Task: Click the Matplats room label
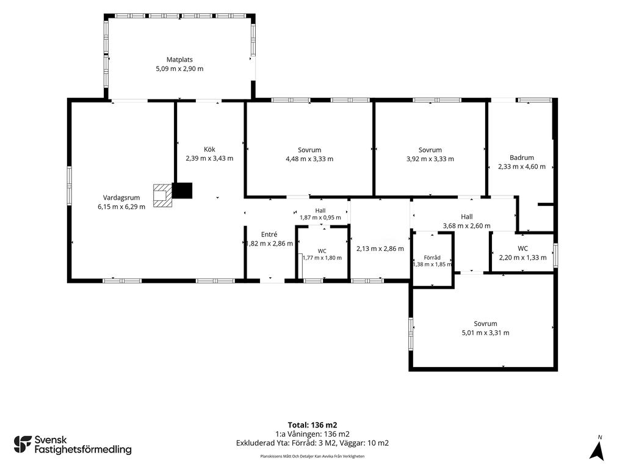click(x=179, y=60)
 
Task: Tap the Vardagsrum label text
click(x=121, y=198)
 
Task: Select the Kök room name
click(x=209, y=150)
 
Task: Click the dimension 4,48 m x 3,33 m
click(x=309, y=159)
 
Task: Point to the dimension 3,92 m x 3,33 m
click(x=430, y=159)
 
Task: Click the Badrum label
click(x=522, y=158)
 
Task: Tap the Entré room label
click(x=269, y=234)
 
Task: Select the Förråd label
click(x=432, y=258)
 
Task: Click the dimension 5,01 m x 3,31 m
click(x=485, y=333)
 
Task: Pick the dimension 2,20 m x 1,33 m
click(x=522, y=258)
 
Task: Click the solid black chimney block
click(x=182, y=191)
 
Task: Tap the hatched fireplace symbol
click(x=162, y=195)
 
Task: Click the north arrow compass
click(x=597, y=449)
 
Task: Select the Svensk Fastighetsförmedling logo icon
click(x=23, y=445)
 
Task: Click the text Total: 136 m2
click(x=312, y=425)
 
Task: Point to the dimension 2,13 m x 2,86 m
click(x=380, y=249)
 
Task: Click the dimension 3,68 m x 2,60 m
click(x=467, y=226)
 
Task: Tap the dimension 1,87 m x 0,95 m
click(x=320, y=218)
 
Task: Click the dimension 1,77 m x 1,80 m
click(x=322, y=258)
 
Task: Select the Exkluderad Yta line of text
click(x=312, y=443)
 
